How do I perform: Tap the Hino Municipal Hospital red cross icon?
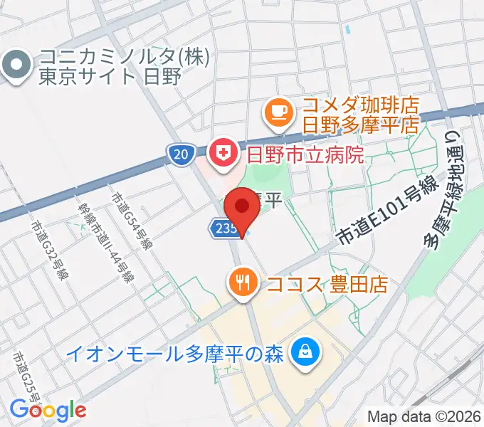click(221, 153)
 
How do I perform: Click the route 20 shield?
click(180, 154)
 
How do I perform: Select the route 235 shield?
click(220, 227)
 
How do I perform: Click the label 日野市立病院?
click(305, 154)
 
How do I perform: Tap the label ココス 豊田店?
click(327, 285)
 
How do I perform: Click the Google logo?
click(48, 411)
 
